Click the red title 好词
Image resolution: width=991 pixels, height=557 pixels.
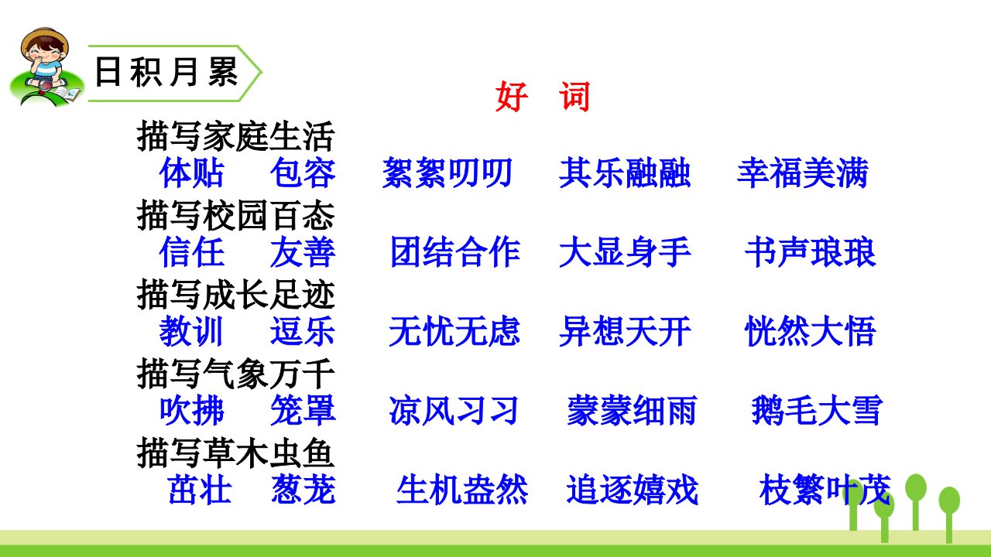pyautogui.click(x=543, y=97)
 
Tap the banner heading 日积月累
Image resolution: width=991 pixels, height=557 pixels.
pyautogui.click(x=166, y=72)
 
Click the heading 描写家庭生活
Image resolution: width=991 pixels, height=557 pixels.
pyautogui.click(x=235, y=136)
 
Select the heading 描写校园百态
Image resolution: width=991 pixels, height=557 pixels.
pyautogui.click(x=235, y=215)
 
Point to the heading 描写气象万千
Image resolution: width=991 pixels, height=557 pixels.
pyautogui.click(x=235, y=374)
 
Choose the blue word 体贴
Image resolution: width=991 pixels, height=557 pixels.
pyautogui.click(x=192, y=173)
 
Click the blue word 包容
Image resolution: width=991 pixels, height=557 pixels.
pyautogui.click(x=303, y=173)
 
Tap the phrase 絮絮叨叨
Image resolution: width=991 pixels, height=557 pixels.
pyautogui.click(x=447, y=173)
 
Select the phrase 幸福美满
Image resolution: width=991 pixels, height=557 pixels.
pyautogui.click(x=803, y=173)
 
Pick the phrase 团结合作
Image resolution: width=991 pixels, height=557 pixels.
pyautogui.click(x=455, y=252)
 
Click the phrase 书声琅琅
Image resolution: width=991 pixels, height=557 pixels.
pyautogui.click(x=811, y=252)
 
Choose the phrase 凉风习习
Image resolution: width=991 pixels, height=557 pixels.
pyautogui.click(x=454, y=411)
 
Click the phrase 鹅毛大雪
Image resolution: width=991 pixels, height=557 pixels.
pyautogui.click(x=817, y=411)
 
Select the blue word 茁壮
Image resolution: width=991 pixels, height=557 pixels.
pyautogui.click(x=200, y=490)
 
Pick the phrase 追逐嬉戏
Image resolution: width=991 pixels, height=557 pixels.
pyautogui.click(x=633, y=490)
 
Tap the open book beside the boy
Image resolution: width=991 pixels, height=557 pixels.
pyautogui.click(x=67, y=94)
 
